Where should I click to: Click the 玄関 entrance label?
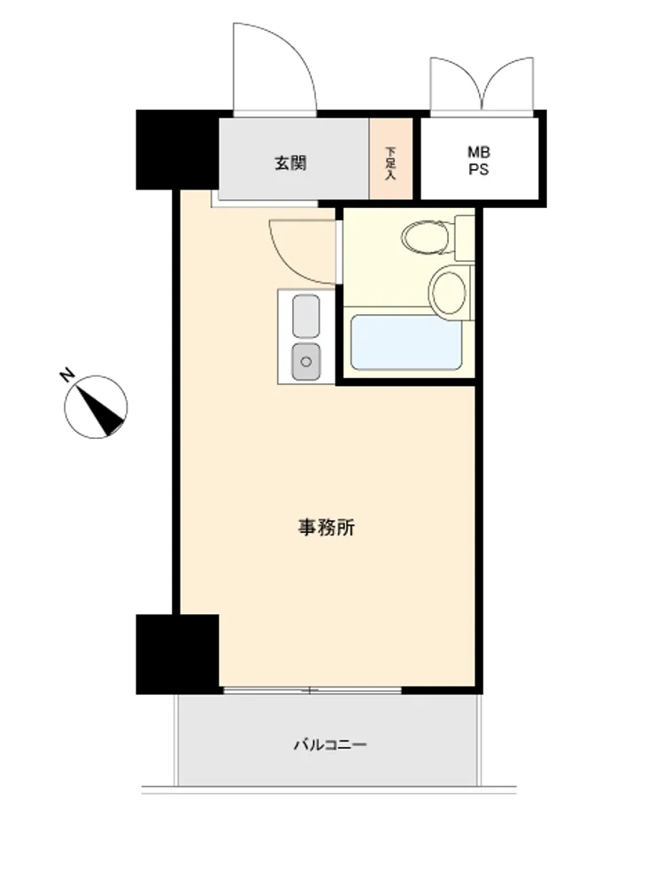click(x=290, y=164)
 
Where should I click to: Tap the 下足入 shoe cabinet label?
click(x=390, y=163)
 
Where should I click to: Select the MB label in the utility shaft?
click(x=479, y=152)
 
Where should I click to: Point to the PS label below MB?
click(x=479, y=169)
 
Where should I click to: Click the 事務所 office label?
click(x=327, y=527)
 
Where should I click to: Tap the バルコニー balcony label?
click(x=330, y=745)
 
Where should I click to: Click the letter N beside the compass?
click(x=67, y=374)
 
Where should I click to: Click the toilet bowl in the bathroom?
click(x=427, y=237)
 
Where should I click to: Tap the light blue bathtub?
click(x=406, y=342)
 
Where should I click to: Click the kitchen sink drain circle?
click(x=306, y=361)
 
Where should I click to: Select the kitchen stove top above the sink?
click(x=306, y=316)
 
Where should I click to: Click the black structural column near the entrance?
click(x=177, y=150)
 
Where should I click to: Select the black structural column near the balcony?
click(x=177, y=654)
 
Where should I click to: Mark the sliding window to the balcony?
click(x=313, y=690)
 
